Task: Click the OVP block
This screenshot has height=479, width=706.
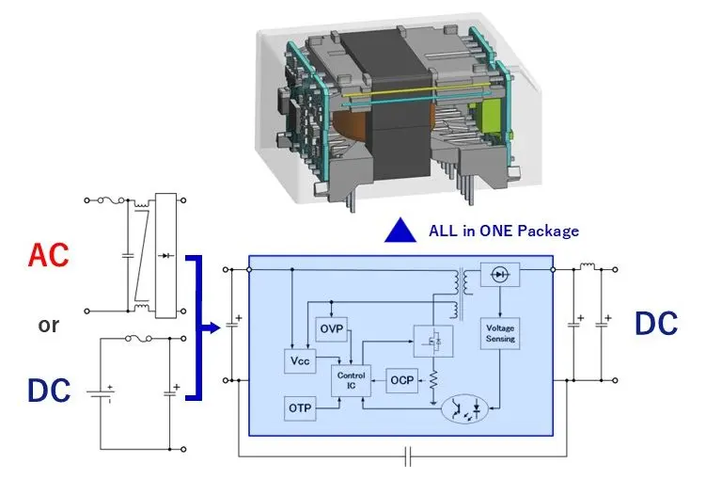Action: [331, 328]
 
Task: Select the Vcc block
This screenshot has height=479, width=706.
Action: [300, 360]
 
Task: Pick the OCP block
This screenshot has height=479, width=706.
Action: [401, 381]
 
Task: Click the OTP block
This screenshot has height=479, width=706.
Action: [300, 408]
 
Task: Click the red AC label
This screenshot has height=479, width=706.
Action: [49, 256]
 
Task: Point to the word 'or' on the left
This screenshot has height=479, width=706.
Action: [48, 326]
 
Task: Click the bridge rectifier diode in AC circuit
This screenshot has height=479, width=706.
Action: [168, 254]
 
